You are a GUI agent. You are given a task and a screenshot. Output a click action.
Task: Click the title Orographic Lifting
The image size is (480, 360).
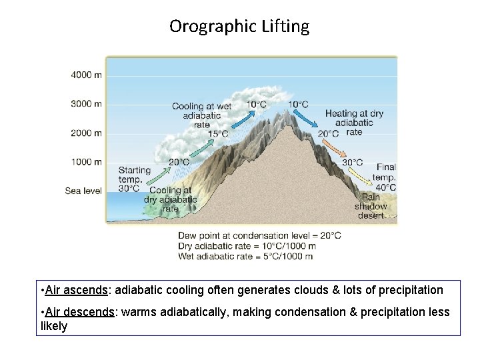pyautogui.click(x=239, y=26)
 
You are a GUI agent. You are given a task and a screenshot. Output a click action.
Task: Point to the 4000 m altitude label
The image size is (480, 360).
pyautogui.click(x=87, y=75)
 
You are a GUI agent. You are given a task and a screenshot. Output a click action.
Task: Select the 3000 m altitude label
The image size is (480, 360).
pyautogui.click(x=87, y=104)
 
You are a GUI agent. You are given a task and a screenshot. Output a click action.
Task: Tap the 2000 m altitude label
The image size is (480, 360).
pyautogui.click(x=87, y=133)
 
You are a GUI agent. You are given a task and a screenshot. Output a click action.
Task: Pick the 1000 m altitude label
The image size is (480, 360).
pyautogui.click(x=87, y=162)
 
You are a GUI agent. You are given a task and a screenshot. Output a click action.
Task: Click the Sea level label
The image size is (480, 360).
pyautogui.click(x=83, y=191)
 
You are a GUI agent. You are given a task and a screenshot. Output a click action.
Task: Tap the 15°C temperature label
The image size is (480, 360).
pyautogui.click(x=218, y=134)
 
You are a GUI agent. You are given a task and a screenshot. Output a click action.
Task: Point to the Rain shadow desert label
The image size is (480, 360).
pyautogui.click(x=371, y=206)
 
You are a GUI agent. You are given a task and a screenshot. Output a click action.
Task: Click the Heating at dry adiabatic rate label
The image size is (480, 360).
pyautogui.click(x=354, y=123)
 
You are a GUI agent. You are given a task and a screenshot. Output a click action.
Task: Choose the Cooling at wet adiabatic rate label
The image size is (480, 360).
pyautogui.click(x=201, y=115)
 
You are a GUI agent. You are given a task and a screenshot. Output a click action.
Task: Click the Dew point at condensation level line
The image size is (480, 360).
pyautogui.click(x=259, y=235)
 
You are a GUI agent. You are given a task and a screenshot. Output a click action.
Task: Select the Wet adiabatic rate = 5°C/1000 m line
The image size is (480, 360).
pyautogui.click(x=245, y=256)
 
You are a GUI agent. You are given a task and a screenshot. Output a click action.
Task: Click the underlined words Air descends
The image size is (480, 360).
pyautogui.click(x=80, y=312)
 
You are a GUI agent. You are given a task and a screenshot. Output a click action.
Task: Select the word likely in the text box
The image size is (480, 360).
pyautogui.click(x=54, y=326)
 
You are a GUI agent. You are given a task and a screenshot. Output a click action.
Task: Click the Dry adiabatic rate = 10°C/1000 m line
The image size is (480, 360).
pyautogui.click(x=246, y=246)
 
